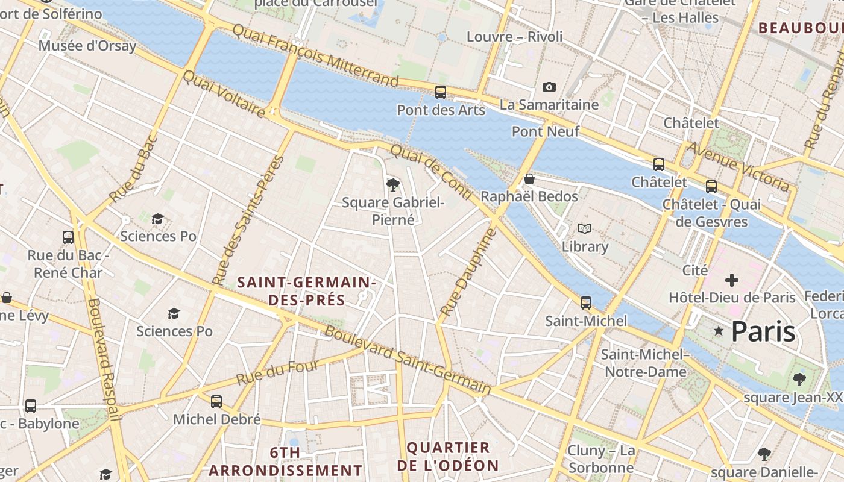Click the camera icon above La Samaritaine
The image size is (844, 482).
click(549, 87)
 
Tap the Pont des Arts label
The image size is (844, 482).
click(441, 110)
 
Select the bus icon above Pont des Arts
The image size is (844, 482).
click(441, 92)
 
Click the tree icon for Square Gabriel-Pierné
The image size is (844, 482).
click(393, 184)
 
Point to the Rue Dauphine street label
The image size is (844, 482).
click(467, 272)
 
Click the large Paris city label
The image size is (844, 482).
click(763, 332)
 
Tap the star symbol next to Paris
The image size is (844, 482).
click(718, 331)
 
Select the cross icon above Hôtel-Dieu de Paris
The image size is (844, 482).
click(732, 280)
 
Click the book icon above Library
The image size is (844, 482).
click(585, 228)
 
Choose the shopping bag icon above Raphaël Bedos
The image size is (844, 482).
click(529, 179)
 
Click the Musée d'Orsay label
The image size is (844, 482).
click(87, 46)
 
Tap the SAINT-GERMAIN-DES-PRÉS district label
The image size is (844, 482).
click(306, 291)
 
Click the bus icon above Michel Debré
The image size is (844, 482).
click(216, 401)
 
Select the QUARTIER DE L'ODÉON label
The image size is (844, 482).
click(448, 456)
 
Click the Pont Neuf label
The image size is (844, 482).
click(545, 131)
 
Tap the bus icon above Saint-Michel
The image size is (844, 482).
click(586, 302)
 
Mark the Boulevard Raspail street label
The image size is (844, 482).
click(103, 358)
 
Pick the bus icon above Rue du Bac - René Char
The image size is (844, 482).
click(68, 237)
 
